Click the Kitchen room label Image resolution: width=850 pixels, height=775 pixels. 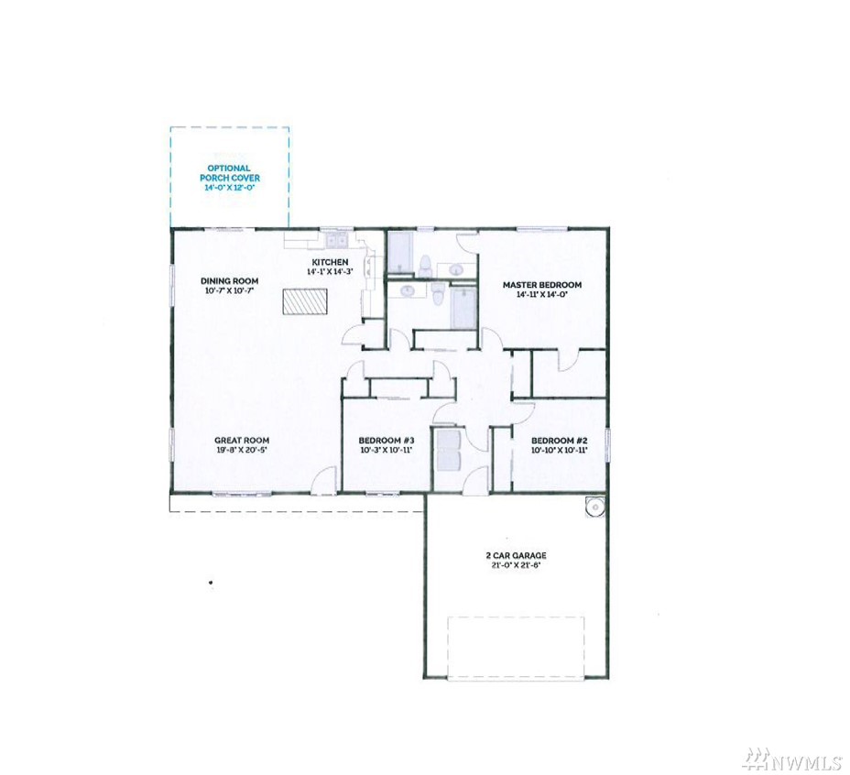[x=330, y=262]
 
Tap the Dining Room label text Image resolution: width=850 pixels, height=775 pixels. [x=229, y=281]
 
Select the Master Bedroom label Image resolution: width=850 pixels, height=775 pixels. [x=542, y=285]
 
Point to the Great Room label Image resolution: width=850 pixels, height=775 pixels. [x=242, y=441]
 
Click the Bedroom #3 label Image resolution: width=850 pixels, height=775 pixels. [x=387, y=441]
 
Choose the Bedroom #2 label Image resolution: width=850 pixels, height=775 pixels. [x=560, y=441]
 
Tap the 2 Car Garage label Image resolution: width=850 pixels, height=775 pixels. [x=516, y=555]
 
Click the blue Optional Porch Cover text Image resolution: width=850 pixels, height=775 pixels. [x=230, y=173]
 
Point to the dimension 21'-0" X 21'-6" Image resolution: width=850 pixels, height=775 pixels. [x=516, y=564]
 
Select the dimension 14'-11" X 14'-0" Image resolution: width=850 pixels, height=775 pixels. [x=542, y=294]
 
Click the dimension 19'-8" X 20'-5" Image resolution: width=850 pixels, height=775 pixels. [x=242, y=450]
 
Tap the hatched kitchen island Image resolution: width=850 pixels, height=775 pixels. [x=305, y=301]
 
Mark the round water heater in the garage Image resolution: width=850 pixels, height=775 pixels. [x=594, y=508]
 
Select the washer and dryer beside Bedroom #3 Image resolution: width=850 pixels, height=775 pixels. [x=448, y=442]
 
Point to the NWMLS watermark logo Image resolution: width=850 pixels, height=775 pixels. [x=791, y=759]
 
